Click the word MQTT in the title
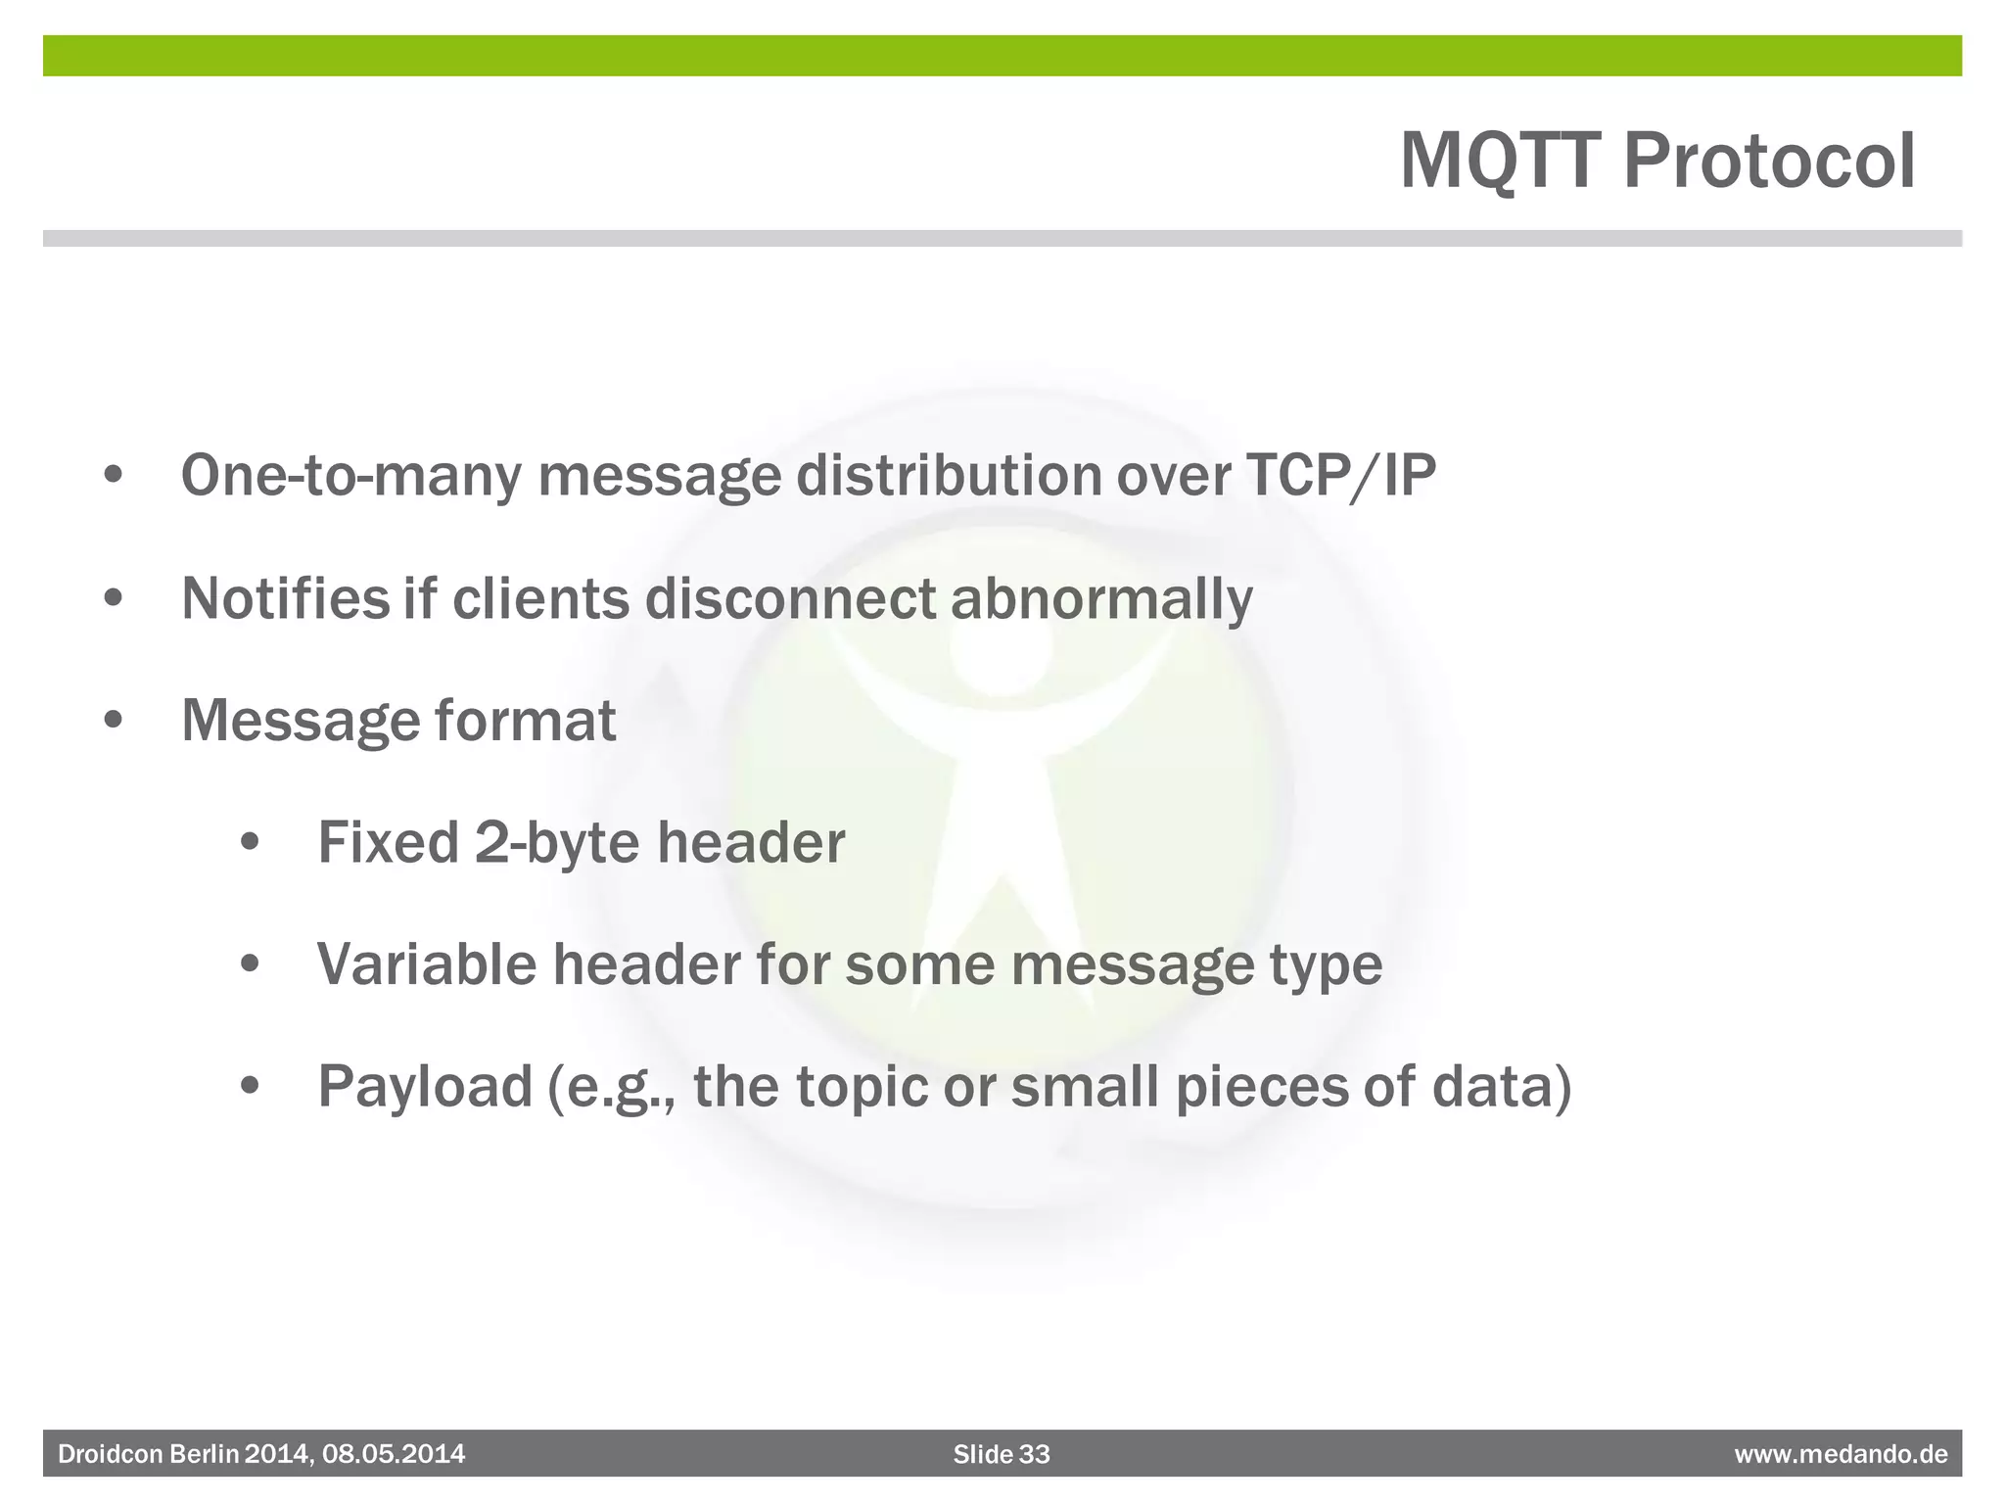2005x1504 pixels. click(1503, 162)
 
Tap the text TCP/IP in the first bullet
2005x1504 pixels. click(1340, 476)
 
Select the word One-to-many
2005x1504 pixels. click(350, 476)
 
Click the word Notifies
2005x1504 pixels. click(285, 598)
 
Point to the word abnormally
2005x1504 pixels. click(1101, 598)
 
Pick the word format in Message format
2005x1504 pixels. click(525, 721)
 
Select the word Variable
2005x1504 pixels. click(427, 964)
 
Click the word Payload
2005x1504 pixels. click(425, 1087)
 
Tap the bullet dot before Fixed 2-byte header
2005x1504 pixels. click(251, 843)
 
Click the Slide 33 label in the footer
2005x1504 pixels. click(1002, 1454)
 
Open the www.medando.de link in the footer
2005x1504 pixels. click(1841, 1454)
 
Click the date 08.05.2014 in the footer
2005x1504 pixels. click(394, 1454)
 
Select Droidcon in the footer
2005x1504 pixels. click(111, 1454)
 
